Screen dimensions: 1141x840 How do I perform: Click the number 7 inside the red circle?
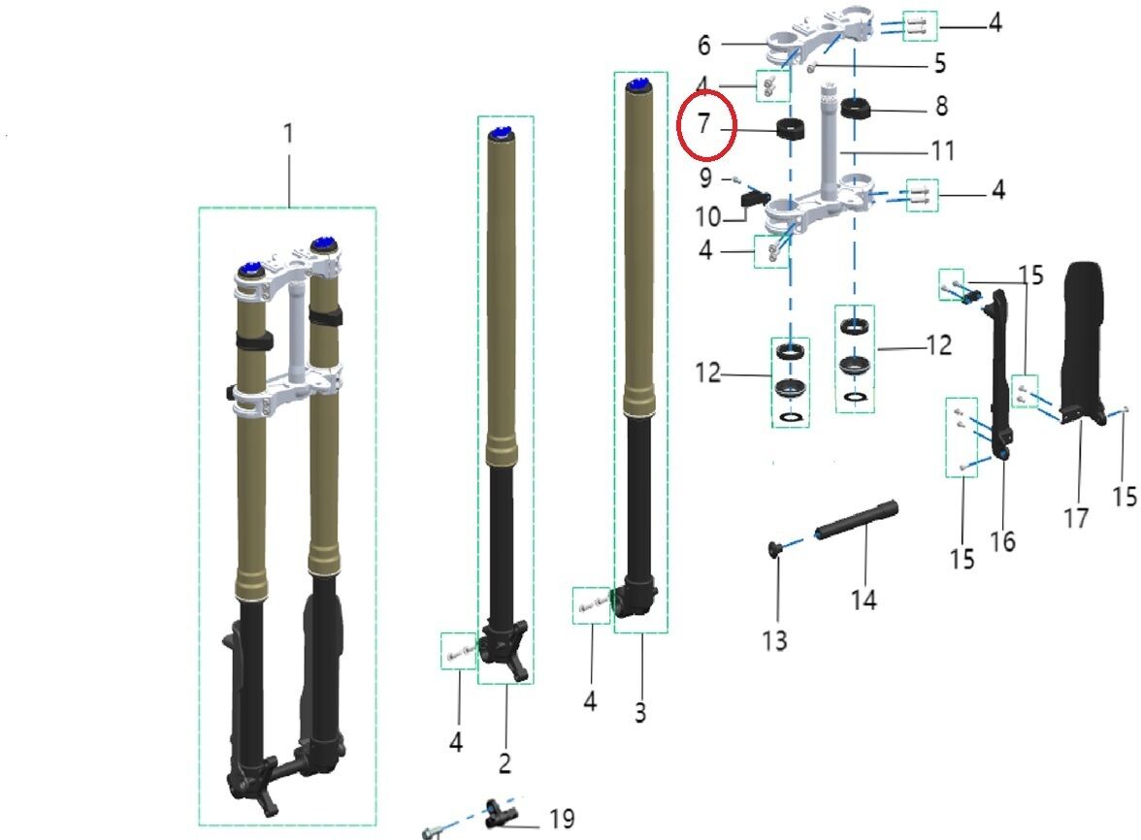click(x=702, y=123)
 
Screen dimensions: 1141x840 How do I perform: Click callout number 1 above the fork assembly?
click(x=289, y=134)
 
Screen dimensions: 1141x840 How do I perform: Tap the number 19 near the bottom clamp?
click(x=562, y=819)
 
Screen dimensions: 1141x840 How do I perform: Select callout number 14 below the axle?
click(x=864, y=600)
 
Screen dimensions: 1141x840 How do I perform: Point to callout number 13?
click(x=775, y=641)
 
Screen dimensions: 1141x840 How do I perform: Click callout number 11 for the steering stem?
click(x=943, y=150)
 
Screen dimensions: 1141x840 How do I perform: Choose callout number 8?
click(x=941, y=106)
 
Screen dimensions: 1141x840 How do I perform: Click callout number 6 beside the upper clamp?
click(x=703, y=45)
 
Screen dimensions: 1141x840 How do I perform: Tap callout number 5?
click(x=940, y=64)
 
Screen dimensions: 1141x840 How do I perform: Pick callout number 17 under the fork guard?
click(x=1076, y=519)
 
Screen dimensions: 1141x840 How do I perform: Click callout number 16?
click(x=1003, y=542)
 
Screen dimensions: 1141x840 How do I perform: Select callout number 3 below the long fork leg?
click(x=640, y=713)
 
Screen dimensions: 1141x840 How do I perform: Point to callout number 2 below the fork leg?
click(x=505, y=763)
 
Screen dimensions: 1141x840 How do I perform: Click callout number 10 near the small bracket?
click(x=708, y=216)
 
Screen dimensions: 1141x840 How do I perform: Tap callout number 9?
click(x=705, y=178)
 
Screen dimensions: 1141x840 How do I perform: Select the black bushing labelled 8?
click(x=856, y=108)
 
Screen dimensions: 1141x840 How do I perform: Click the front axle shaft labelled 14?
click(x=856, y=520)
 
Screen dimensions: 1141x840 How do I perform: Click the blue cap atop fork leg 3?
click(x=640, y=84)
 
